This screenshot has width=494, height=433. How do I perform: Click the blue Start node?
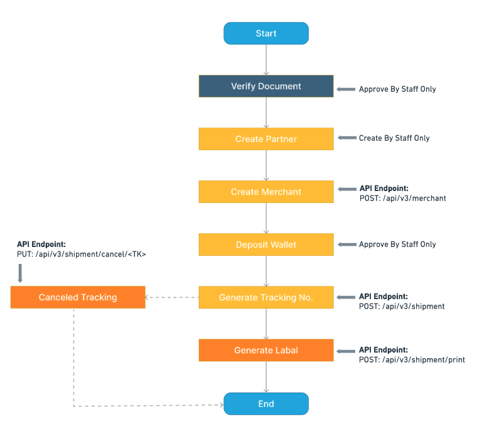point(266,33)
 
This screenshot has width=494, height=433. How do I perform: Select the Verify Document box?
point(266,86)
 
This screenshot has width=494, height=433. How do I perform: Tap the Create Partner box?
point(266,139)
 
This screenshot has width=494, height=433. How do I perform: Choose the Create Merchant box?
point(266,192)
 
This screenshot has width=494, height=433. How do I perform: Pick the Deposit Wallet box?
point(266,244)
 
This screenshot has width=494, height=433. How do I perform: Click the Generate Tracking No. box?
point(266,297)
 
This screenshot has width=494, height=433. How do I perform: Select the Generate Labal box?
point(266,350)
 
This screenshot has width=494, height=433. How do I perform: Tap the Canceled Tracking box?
point(78,297)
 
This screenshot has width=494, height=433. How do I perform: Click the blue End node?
point(266,403)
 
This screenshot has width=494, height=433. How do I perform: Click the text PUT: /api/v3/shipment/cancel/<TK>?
point(82,254)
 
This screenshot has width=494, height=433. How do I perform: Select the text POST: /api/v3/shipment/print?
point(412,360)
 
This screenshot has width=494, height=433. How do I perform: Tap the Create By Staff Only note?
point(394,138)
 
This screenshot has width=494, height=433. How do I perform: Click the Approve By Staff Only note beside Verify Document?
point(397,89)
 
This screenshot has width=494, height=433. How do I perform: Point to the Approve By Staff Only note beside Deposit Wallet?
point(397,244)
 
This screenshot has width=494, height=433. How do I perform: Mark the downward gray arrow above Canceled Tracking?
point(20,273)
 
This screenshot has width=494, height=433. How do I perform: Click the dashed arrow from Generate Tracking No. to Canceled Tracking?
point(172,297)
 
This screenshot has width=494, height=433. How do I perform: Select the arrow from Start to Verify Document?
point(266,60)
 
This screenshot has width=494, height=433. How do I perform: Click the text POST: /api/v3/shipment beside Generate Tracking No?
point(402,307)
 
